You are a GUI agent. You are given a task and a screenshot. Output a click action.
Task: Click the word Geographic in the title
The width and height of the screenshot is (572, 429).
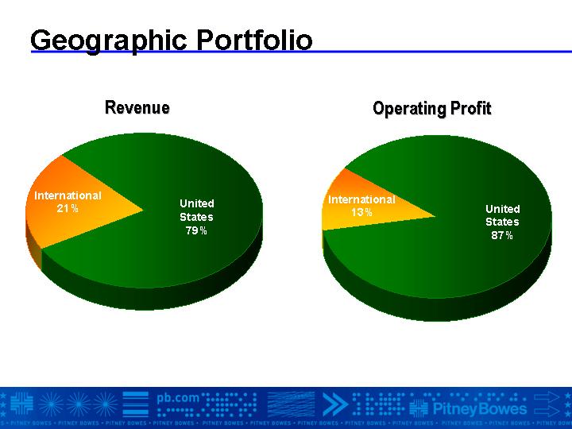[109, 41]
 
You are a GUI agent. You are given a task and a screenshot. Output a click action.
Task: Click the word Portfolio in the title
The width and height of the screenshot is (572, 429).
[255, 40]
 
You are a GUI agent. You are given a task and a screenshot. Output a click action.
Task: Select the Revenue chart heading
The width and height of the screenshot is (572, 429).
[137, 107]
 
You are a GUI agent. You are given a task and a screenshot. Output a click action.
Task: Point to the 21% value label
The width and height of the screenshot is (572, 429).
[68, 208]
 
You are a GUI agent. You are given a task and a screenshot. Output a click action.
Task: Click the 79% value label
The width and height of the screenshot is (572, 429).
[196, 230]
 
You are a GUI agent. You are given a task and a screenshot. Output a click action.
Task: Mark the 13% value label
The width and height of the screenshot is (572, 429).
[361, 212]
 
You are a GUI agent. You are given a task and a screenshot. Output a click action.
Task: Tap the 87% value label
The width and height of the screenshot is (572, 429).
[502, 235]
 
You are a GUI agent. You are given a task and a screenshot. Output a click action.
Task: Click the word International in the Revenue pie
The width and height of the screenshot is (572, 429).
[68, 195]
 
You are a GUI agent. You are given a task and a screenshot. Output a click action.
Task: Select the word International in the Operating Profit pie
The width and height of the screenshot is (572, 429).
[361, 199]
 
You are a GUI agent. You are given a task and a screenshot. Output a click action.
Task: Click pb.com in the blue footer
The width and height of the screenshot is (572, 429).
[178, 398]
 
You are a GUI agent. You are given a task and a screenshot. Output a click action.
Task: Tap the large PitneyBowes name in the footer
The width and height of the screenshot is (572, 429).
[480, 408]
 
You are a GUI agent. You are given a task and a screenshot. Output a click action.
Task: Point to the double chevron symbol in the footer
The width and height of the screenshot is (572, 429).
[335, 404]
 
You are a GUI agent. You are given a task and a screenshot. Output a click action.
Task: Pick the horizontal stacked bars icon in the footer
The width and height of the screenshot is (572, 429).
[136, 404]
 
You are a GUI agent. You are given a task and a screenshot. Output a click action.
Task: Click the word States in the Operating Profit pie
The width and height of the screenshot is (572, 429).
[502, 222]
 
